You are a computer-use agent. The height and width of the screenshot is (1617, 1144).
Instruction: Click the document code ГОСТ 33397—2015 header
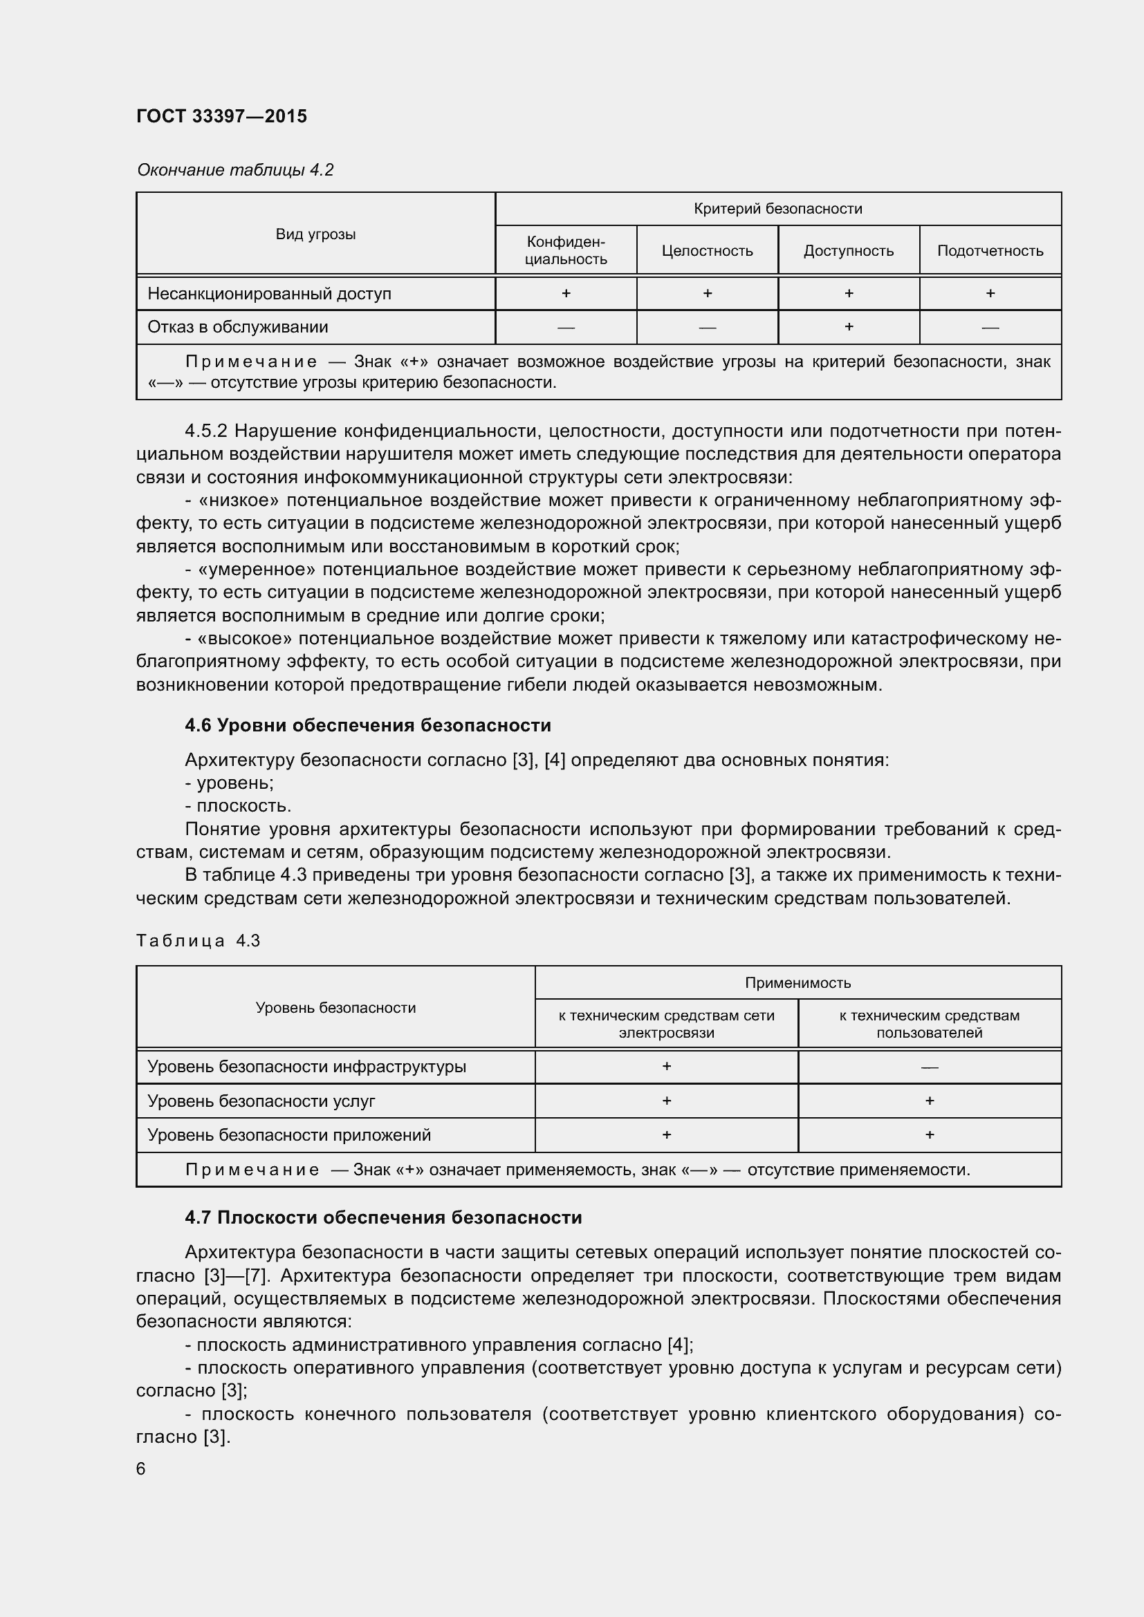[x=221, y=116]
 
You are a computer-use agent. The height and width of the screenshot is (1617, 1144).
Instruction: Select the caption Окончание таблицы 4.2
[x=234, y=170]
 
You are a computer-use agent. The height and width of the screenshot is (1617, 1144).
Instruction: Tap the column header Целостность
[x=707, y=251]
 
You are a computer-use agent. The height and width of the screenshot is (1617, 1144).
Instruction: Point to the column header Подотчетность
[x=990, y=251]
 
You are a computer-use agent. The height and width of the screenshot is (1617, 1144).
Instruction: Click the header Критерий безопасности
[x=777, y=209]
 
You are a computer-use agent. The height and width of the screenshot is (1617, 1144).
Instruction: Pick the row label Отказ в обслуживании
[x=237, y=327]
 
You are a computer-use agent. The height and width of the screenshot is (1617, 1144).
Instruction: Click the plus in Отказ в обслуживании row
[x=848, y=327]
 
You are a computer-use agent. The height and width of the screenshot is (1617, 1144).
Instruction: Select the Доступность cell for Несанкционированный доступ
[x=848, y=293]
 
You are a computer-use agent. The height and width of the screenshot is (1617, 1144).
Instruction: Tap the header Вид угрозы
[x=315, y=234]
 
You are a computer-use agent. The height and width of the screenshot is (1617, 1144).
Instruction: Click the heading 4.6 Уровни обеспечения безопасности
[x=368, y=725]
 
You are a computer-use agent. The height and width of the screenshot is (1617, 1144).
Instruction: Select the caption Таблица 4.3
[x=198, y=941]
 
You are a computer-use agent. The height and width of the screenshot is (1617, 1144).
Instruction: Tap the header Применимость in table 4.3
[x=797, y=982]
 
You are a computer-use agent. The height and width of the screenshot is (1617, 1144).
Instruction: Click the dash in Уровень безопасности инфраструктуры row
[x=929, y=1067]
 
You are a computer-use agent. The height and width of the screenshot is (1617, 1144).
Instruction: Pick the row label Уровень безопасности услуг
[x=261, y=1101]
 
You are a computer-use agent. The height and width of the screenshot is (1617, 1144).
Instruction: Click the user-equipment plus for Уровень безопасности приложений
[x=929, y=1134]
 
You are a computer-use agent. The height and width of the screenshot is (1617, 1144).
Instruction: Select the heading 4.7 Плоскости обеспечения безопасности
[x=383, y=1217]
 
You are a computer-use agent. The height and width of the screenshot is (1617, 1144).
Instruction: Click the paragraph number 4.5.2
[x=205, y=430]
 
